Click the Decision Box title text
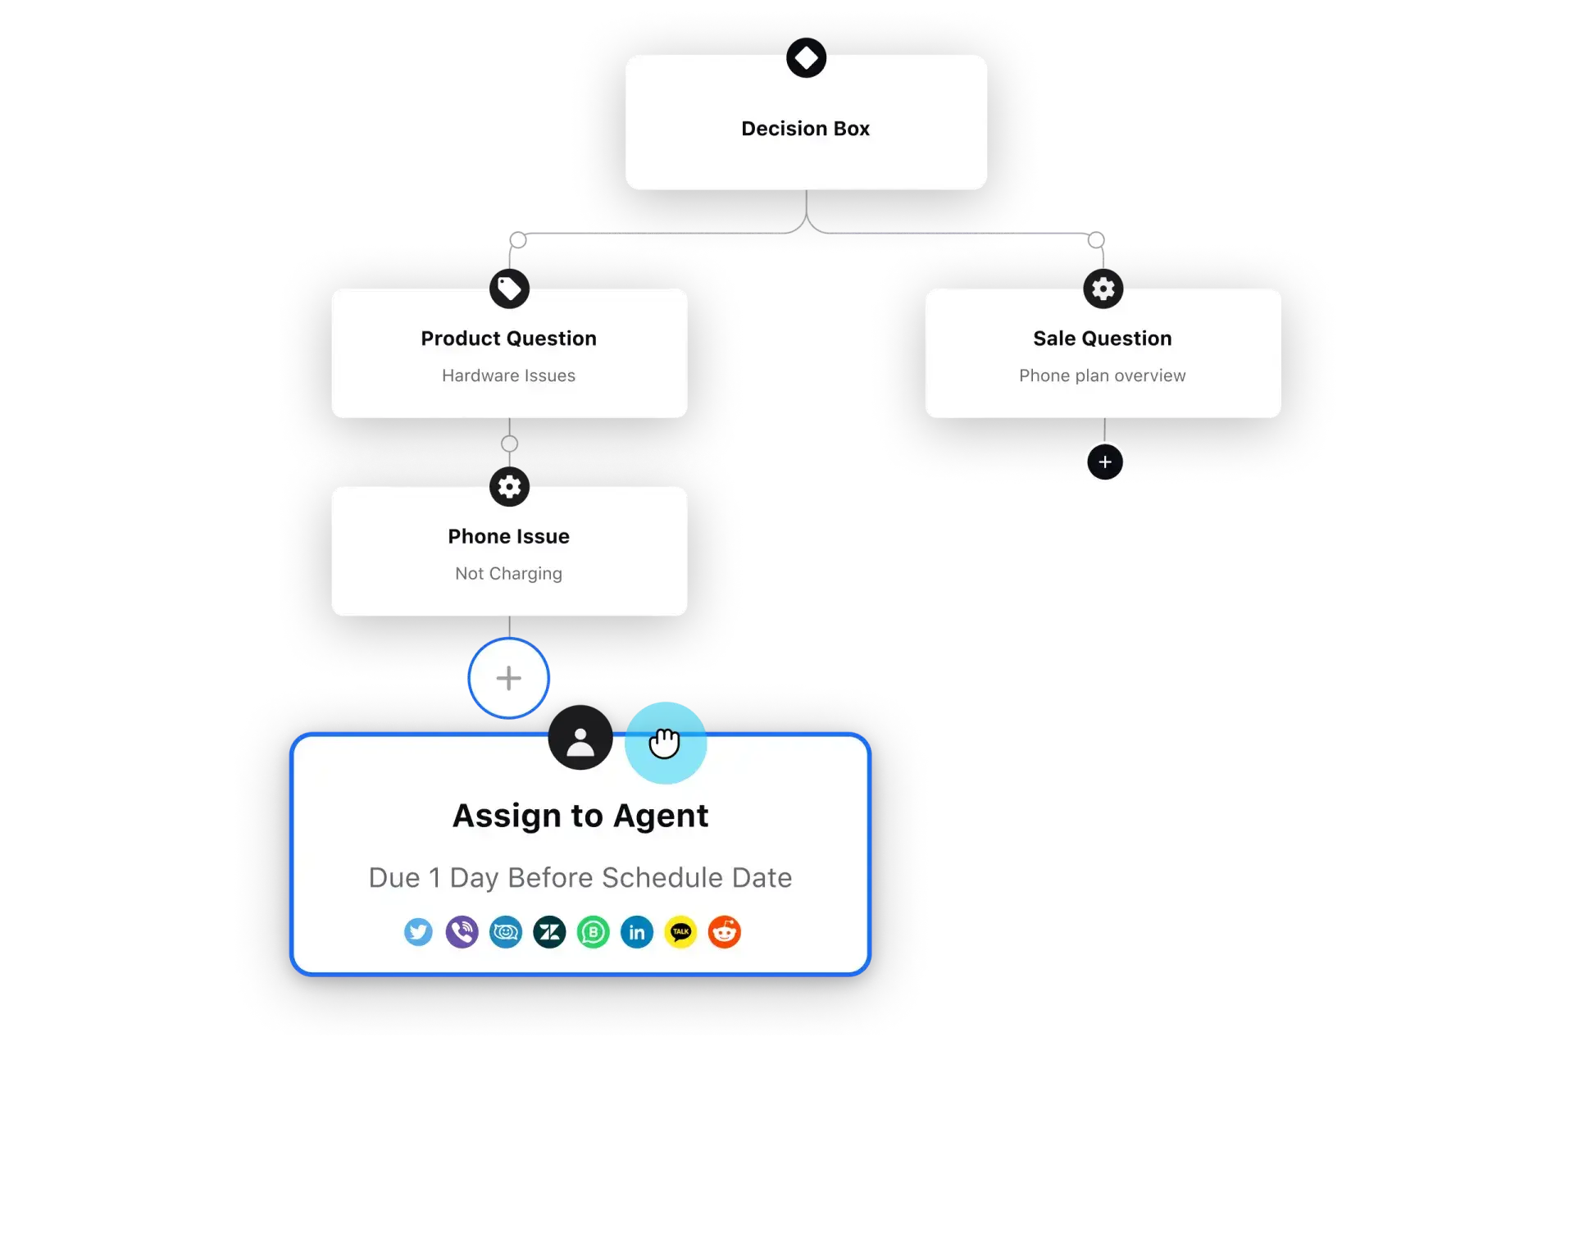(x=805, y=129)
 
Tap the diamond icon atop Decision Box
(x=806, y=58)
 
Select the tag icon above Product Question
(x=509, y=289)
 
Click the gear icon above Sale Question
(x=1103, y=289)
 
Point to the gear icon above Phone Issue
(x=509, y=487)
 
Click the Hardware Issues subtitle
(x=508, y=375)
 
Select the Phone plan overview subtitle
(x=1102, y=375)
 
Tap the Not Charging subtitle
(x=508, y=574)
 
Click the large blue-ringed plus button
(x=508, y=678)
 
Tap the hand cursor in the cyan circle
(x=665, y=743)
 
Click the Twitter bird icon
(x=418, y=932)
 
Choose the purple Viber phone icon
(x=462, y=932)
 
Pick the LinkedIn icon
(x=637, y=932)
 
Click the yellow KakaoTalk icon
(x=680, y=932)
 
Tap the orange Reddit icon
(x=725, y=932)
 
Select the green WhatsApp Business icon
(x=594, y=932)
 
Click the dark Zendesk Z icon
(x=549, y=932)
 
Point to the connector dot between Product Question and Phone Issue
(x=509, y=444)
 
